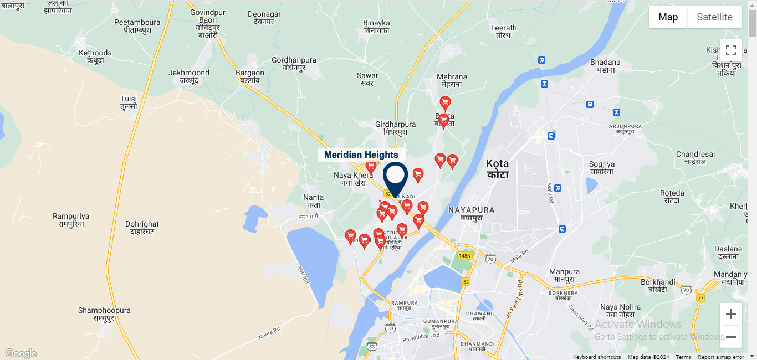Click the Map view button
(x=668, y=17)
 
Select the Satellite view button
(x=714, y=17)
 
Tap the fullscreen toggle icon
(x=730, y=50)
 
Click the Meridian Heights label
(x=361, y=155)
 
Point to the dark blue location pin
(x=395, y=177)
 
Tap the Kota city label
(x=497, y=168)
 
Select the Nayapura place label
(x=471, y=213)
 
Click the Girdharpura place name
(x=395, y=128)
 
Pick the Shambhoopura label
(x=104, y=314)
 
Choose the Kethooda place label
(x=95, y=56)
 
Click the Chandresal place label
(x=695, y=158)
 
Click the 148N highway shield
(x=464, y=255)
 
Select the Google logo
(x=21, y=353)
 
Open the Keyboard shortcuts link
(x=596, y=357)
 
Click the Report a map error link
(x=720, y=357)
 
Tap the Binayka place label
(x=376, y=27)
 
